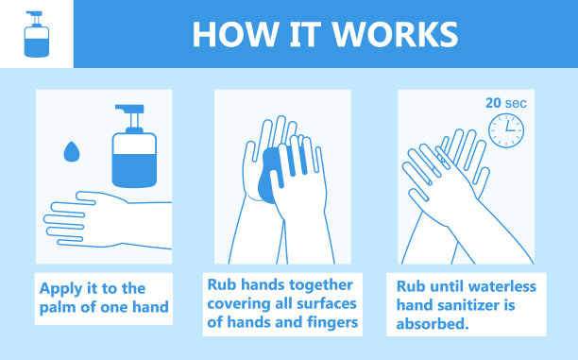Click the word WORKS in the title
(x=395, y=34)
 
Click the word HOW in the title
(x=234, y=34)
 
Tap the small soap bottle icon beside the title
(x=37, y=34)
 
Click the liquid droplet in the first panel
(x=72, y=151)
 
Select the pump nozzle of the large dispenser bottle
(x=130, y=114)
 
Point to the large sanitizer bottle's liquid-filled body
(x=134, y=161)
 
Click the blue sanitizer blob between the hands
(x=271, y=175)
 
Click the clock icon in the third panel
(x=506, y=130)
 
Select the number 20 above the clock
(x=493, y=103)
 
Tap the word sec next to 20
(x=516, y=104)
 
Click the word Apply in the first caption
(x=61, y=289)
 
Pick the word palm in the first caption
(x=58, y=308)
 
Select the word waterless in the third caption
(x=502, y=286)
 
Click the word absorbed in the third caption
(x=433, y=324)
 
